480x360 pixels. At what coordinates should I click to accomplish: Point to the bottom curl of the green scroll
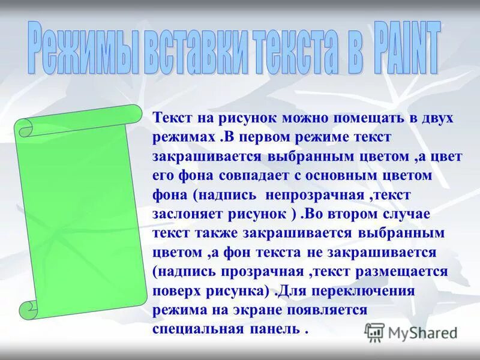pyautogui.click(x=29, y=310)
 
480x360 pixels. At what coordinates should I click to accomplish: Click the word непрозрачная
pyautogui.click(x=319, y=195)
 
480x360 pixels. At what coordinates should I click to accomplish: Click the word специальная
pyautogui.click(x=198, y=329)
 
